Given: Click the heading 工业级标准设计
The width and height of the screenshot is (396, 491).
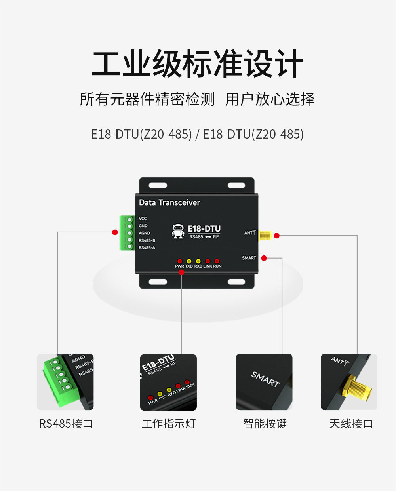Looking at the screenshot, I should [198, 64].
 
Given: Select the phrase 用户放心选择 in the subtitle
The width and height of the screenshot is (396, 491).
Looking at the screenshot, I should [270, 99].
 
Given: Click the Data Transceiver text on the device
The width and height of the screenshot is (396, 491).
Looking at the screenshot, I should [169, 202].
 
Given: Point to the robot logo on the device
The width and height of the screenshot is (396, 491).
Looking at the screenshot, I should [178, 231].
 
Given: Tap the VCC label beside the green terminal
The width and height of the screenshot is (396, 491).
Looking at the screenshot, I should [143, 219].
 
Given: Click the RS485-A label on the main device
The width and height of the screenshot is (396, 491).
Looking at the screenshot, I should [147, 248].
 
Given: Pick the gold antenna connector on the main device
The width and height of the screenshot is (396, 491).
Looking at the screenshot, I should [265, 236].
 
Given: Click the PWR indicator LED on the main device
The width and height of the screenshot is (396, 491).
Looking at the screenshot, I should [179, 261].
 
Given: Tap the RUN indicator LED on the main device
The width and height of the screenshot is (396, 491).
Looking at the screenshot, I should [217, 261].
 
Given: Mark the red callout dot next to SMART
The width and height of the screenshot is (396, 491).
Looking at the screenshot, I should [264, 258].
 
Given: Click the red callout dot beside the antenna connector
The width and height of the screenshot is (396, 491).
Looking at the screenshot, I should [277, 236].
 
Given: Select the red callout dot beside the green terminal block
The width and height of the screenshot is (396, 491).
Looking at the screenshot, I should [115, 232].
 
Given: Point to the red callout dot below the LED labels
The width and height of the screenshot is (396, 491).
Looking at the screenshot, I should [181, 272].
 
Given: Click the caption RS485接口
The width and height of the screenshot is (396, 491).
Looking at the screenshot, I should [66, 424].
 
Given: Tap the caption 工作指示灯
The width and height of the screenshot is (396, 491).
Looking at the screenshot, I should [169, 424].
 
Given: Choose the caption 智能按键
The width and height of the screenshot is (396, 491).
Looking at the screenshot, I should [265, 424].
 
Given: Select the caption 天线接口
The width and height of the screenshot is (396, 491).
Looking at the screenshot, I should [351, 424].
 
